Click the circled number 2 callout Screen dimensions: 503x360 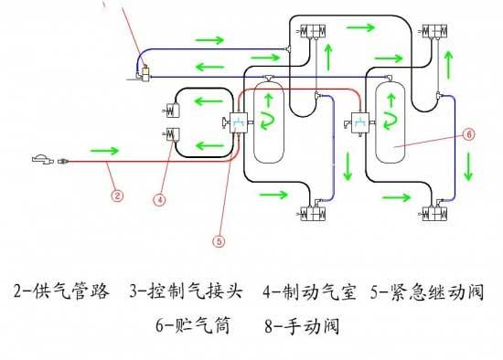point(117,196)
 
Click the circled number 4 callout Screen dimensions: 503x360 point(160,200)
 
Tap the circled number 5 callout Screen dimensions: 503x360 point(219,241)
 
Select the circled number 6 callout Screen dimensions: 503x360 point(468,134)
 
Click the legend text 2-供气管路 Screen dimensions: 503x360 point(61,291)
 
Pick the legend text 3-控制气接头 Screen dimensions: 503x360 point(186,291)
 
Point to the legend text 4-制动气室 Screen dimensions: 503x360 point(309,291)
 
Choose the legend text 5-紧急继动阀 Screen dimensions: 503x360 point(427,291)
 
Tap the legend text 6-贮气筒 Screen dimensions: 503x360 point(193,325)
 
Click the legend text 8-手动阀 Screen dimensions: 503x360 point(302,325)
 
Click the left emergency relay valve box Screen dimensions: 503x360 point(239,122)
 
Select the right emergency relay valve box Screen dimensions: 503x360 point(360,122)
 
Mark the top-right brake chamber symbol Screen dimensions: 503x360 point(435,31)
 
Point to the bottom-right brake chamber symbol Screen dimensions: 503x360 point(434,214)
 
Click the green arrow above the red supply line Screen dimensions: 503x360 point(104,151)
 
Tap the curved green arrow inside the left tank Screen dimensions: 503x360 point(268,122)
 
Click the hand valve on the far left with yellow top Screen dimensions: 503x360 point(144,74)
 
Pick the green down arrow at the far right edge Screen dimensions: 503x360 point(468,166)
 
